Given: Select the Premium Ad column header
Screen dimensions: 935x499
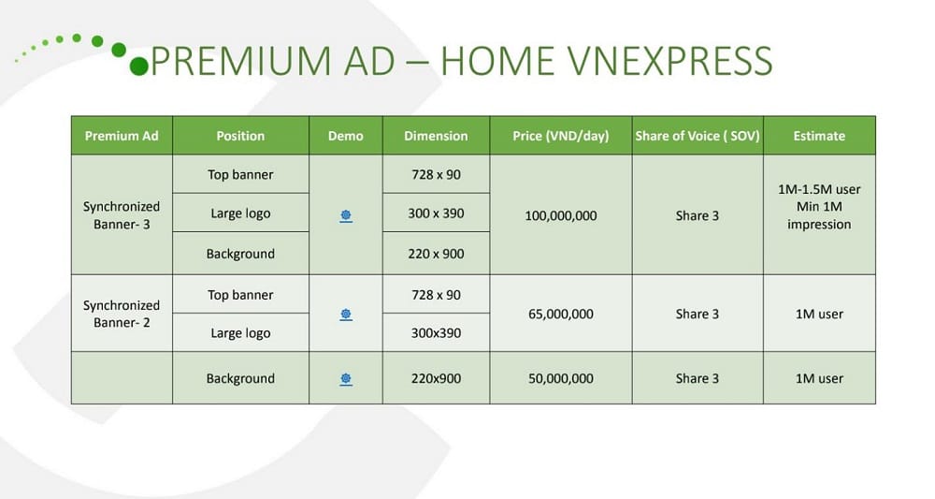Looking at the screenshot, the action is (x=122, y=136).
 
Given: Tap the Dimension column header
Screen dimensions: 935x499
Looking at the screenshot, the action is (x=436, y=136).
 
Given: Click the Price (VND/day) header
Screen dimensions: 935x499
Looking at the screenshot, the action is (x=560, y=136).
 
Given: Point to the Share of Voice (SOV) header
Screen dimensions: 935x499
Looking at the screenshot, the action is (x=698, y=136).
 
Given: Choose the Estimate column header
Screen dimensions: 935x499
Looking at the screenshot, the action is (x=819, y=136).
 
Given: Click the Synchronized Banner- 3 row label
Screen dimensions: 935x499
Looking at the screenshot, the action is (x=122, y=215).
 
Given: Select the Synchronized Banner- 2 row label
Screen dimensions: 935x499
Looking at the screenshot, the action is (x=122, y=314).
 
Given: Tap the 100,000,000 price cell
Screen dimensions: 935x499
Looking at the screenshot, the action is (x=560, y=216).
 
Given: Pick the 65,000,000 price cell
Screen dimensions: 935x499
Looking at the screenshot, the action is (x=560, y=314).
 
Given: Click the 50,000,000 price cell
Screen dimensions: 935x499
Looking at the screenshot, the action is (x=560, y=378).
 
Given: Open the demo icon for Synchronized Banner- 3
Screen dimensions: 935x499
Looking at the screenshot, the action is (x=346, y=216).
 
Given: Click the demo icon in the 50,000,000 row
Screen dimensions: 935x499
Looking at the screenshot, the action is (x=346, y=379).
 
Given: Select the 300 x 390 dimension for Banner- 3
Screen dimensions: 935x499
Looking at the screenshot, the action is (x=436, y=213).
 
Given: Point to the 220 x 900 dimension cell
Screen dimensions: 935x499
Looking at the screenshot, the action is (x=436, y=254).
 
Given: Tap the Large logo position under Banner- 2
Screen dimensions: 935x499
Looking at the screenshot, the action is (x=240, y=333).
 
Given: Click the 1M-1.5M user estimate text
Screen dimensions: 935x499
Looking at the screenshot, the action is (x=819, y=189).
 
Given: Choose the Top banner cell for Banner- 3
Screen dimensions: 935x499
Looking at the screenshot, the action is (x=240, y=175).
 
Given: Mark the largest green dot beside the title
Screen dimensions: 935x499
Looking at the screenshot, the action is (x=139, y=66).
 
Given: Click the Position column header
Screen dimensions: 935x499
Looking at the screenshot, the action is (x=240, y=136).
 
